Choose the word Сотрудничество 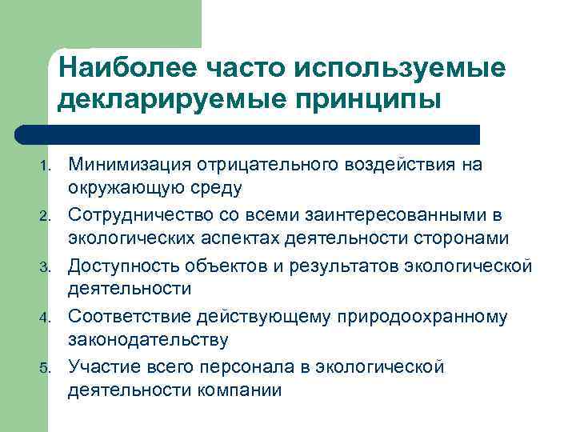coord(138,215)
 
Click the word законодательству coord(147,340)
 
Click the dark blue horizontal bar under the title coord(248,134)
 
